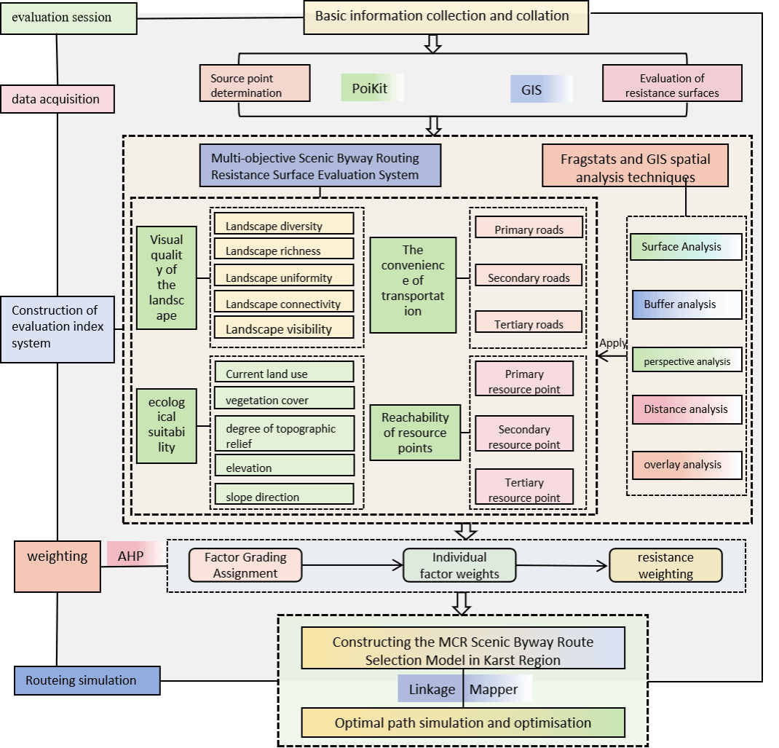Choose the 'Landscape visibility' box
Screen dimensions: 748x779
pos(284,328)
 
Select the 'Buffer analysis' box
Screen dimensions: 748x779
pos(686,305)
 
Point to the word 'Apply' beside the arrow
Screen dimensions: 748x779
pos(613,343)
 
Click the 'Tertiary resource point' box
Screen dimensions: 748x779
pos(524,489)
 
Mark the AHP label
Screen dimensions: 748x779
pos(132,556)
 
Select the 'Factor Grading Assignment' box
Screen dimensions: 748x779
pos(245,565)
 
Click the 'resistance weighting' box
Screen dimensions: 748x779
pos(665,565)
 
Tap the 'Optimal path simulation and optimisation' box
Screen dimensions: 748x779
pos(463,723)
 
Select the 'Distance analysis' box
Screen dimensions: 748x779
pos(686,409)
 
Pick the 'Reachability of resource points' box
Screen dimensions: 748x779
pos(415,433)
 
